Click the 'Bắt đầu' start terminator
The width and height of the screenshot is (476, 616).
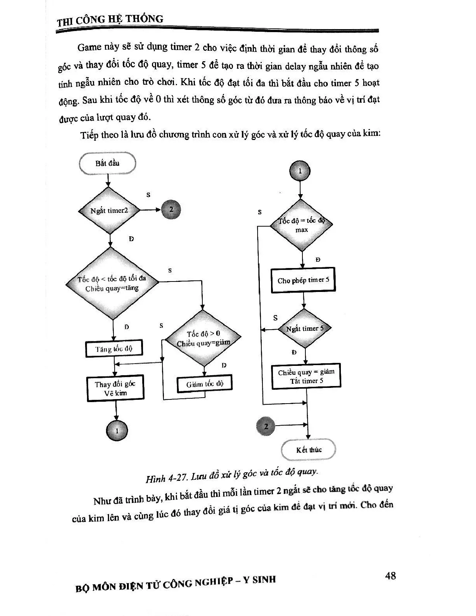click(x=108, y=164)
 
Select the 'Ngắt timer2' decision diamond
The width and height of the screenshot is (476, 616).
click(x=109, y=211)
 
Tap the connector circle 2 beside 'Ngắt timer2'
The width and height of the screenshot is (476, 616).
click(x=171, y=209)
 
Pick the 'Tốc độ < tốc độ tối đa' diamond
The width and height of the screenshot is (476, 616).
click(x=112, y=283)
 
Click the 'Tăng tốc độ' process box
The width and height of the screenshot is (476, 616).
click(x=114, y=349)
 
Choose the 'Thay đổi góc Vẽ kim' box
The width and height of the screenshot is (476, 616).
click(x=115, y=389)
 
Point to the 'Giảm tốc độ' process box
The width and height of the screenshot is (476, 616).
click(x=205, y=384)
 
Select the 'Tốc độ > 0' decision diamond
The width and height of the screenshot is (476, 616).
click(x=203, y=338)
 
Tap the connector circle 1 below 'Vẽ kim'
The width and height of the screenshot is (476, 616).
click(x=116, y=431)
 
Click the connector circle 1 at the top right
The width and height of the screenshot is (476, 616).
click(x=300, y=171)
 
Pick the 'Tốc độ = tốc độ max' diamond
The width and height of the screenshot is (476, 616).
click(x=301, y=225)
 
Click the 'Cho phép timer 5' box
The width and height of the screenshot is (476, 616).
click(x=304, y=280)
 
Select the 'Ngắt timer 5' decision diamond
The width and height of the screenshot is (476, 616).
click(x=305, y=329)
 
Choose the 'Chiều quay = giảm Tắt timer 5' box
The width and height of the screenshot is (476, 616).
click(x=306, y=376)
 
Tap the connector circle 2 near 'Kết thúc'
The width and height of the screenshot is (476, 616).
click(x=266, y=426)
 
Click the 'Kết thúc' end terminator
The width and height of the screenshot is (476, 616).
click(x=308, y=450)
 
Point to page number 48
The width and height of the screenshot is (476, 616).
click(x=390, y=576)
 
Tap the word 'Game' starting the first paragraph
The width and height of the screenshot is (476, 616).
click(x=89, y=47)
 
